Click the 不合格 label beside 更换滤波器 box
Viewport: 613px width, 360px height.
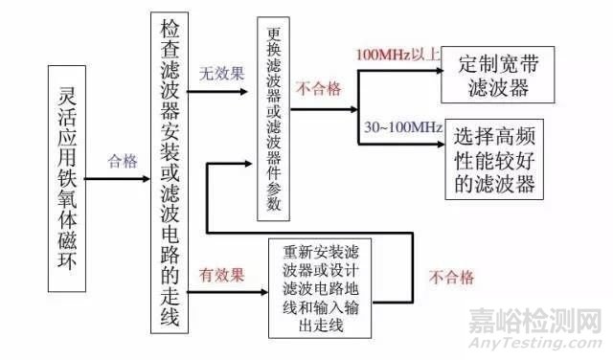point(318,90)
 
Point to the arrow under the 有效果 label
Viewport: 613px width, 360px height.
point(230,292)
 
